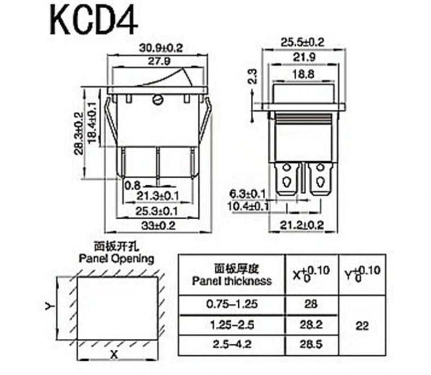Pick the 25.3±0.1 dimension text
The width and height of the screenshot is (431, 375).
(x=159, y=211)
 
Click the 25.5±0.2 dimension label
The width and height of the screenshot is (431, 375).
(x=303, y=42)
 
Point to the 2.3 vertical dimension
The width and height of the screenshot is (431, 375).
(x=252, y=76)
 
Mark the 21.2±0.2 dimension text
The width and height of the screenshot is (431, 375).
(x=302, y=224)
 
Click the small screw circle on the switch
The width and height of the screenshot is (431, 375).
(x=158, y=99)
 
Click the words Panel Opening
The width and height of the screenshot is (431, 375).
(x=116, y=258)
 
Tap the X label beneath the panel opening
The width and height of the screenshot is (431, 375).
(x=114, y=354)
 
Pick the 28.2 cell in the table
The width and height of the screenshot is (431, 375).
(x=312, y=325)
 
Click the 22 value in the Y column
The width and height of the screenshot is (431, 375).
(x=362, y=325)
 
